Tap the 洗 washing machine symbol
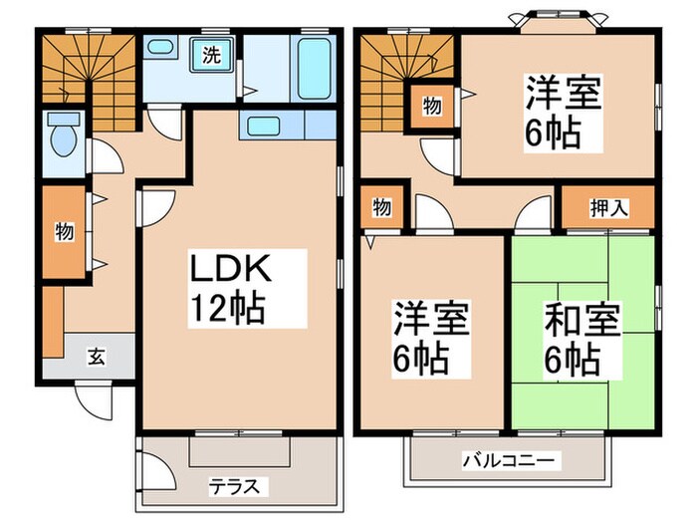coord(211,56)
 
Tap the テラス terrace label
coord(234,487)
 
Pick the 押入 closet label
coord(606,209)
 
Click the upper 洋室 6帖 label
coord(563,115)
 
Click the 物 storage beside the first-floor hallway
coord(64,231)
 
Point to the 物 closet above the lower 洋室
coord(382,207)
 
